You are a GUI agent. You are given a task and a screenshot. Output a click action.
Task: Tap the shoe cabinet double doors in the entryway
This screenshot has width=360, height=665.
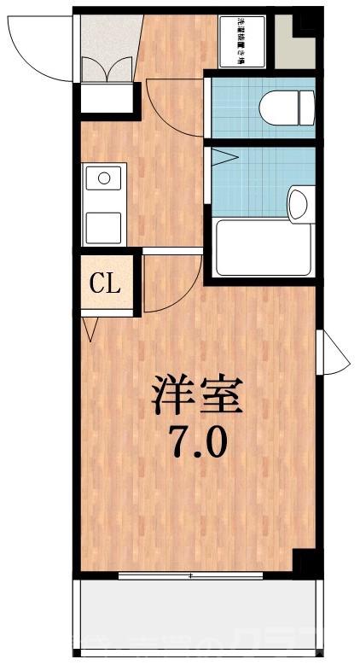[108, 69]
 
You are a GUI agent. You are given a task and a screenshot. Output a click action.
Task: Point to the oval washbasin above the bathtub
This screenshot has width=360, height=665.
[297, 204]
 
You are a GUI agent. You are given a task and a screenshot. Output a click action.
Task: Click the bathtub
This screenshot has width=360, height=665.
[262, 248]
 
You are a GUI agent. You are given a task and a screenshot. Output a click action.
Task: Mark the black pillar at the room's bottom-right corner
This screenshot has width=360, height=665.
[305, 563]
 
